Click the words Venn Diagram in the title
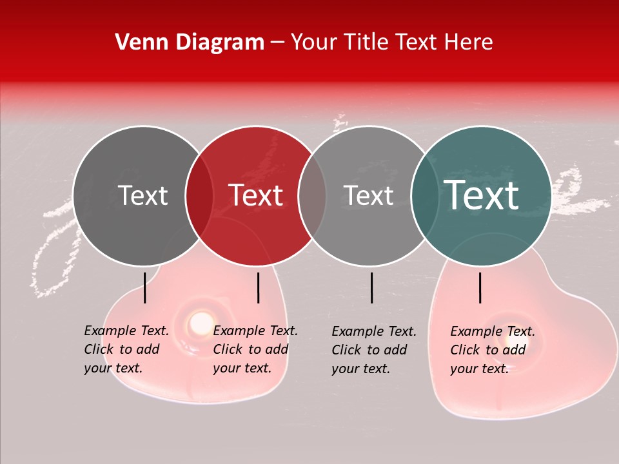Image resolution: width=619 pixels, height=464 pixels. point(190,43)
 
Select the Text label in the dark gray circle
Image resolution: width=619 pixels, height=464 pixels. point(142,196)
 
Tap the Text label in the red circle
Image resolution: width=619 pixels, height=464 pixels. point(256,196)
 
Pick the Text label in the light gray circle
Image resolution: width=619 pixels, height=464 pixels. point(368,196)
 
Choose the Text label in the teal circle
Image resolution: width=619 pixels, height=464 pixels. point(481,195)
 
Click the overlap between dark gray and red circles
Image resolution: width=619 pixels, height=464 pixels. point(199,196)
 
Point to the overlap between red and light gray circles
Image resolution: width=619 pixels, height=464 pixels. point(312,196)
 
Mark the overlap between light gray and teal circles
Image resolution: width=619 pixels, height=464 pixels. point(424,196)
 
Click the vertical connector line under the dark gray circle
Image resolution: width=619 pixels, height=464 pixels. point(144,287)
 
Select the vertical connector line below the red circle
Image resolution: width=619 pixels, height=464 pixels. point(258,287)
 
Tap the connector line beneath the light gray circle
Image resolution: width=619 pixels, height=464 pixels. point(371,287)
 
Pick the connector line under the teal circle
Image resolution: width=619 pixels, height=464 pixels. point(480,287)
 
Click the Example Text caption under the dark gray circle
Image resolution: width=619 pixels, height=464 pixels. point(126,349)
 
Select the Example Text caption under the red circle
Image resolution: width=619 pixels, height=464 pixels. point(255,349)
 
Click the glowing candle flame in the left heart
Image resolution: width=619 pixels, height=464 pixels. point(201,320)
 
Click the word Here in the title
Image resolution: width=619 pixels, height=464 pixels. point(469,43)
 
